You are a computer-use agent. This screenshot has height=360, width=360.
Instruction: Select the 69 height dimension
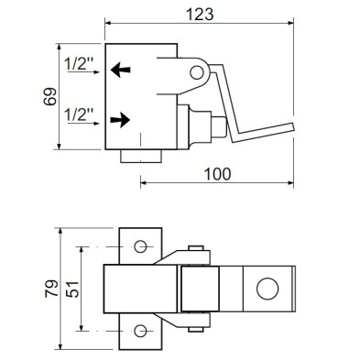pos(52,96)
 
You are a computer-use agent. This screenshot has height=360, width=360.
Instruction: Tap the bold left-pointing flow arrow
pos(120,68)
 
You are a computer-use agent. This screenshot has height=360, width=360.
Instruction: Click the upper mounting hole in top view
pos(140,247)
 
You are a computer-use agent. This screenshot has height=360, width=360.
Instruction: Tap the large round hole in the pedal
pos(267,290)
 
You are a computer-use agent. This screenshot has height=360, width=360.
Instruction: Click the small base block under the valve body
pos(140,157)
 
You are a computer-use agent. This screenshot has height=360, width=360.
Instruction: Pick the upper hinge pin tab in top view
pos(195,250)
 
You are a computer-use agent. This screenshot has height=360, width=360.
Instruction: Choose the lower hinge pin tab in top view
pos(195,328)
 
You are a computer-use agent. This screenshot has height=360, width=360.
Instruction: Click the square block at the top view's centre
pos(199,289)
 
